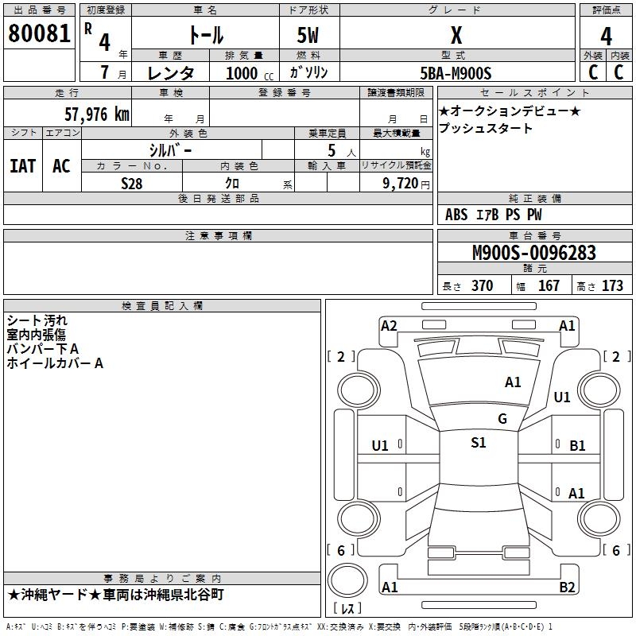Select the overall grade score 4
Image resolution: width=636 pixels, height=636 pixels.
coord(606,36)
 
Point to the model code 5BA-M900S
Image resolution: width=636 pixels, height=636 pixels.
coord(456,73)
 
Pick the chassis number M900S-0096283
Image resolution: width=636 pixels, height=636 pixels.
coord(533,253)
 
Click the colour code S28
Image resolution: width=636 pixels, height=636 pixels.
coord(132,183)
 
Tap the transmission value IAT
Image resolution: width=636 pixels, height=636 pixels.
coord(22,166)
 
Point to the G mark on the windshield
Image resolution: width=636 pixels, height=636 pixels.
coord(502,419)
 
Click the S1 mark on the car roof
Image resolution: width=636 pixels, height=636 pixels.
coord(478,443)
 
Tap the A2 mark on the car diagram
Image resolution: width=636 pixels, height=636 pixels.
coord(389,325)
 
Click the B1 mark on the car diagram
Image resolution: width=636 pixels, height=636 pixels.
coord(577,446)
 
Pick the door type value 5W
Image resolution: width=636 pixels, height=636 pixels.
coord(309,35)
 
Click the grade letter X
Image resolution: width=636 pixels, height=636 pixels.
coord(456,35)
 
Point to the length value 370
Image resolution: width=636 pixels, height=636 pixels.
coord(482,286)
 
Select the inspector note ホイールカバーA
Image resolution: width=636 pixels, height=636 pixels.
coord(55,363)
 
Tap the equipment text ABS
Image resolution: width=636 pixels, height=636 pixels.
coord(456,215)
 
